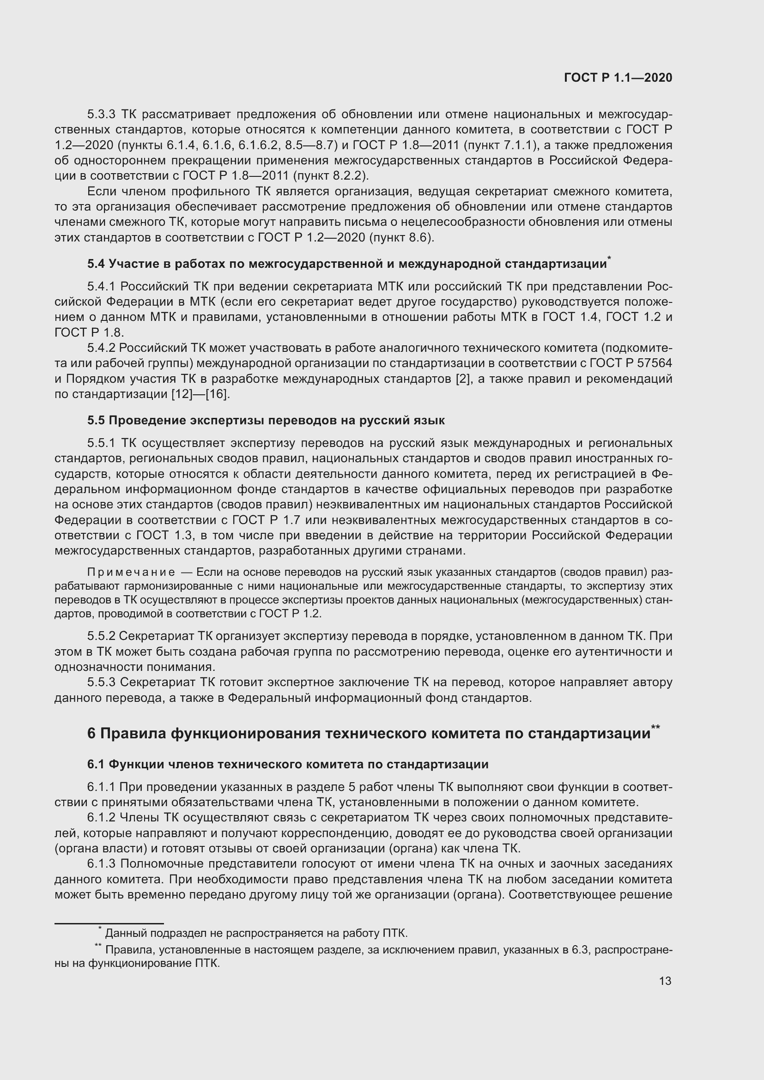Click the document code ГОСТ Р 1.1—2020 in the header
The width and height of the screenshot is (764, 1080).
click(618, 78)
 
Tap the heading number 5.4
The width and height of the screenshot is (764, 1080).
click(96, 264)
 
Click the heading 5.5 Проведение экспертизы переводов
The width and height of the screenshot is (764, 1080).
click(266, 420)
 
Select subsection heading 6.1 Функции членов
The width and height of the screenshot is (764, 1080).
click(287, 764)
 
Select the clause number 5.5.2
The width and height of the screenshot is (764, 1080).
click(101, 636)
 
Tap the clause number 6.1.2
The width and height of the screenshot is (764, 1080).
click(101, 818)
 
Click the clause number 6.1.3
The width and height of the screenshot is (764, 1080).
click(101, 864)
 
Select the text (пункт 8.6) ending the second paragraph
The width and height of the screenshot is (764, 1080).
click(401, 237)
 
